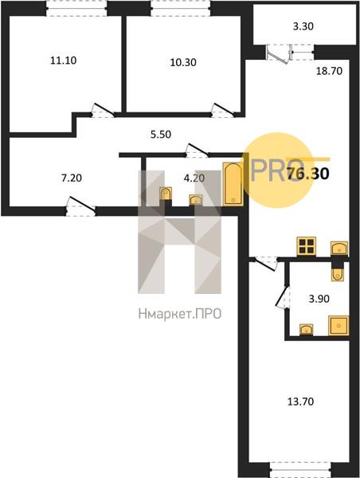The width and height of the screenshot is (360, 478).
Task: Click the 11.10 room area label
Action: (x=64, y=61)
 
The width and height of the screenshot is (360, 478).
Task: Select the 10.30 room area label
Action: (x=183, y=62)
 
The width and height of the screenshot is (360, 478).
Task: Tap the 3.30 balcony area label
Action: (x=303, y=26)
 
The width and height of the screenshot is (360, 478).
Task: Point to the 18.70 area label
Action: (x=329, y=71)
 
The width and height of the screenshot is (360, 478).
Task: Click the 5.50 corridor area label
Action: (x=161, y=134)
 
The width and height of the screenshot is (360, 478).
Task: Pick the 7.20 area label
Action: (x=72, y=178)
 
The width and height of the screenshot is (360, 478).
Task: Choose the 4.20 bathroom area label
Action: (x=194, y=178)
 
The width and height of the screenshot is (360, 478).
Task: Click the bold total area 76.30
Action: (x=308, y=174)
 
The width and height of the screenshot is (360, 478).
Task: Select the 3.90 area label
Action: (x=319, y=299)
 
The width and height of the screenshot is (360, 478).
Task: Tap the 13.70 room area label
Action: (x=300, y=402)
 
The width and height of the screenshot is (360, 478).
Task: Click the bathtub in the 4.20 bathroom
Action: (x=233, y=185)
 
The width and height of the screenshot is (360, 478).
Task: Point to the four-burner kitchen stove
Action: (x=306, y=246)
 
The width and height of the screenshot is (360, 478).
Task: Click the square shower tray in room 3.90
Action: (x=338, y=326)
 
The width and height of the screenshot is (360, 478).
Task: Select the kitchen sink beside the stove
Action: (x=339, y=249)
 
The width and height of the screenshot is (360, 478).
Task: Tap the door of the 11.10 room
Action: (x=103, y=111)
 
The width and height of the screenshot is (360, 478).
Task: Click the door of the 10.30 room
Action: (x=223, y=111)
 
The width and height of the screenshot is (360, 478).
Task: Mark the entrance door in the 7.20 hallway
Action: (x=80, y=206)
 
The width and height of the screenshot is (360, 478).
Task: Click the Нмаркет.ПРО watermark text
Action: (x=180, y=314)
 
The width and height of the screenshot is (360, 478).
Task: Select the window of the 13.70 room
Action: (x=300, y=469)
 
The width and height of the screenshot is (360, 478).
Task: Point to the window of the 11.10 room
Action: (x=76, y=8)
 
